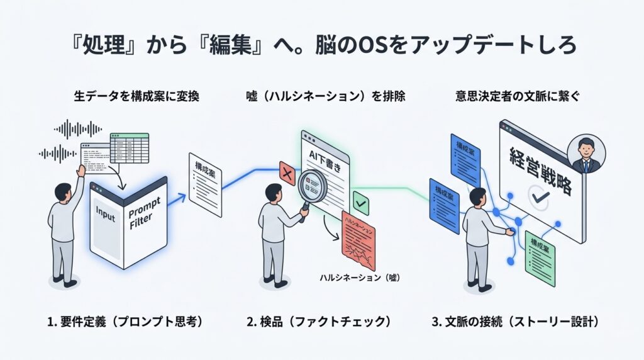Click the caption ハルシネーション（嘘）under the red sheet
360,278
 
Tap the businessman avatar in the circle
586,155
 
